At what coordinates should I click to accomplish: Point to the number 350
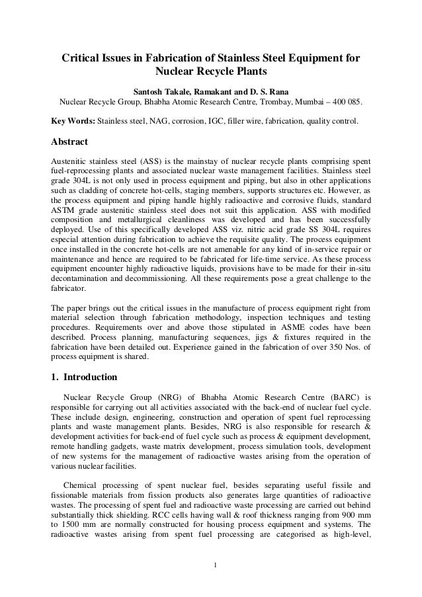click(x=334, y=349)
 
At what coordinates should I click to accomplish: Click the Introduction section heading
click(x=90, y=378)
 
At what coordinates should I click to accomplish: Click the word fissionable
click(x=74, y=495)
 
